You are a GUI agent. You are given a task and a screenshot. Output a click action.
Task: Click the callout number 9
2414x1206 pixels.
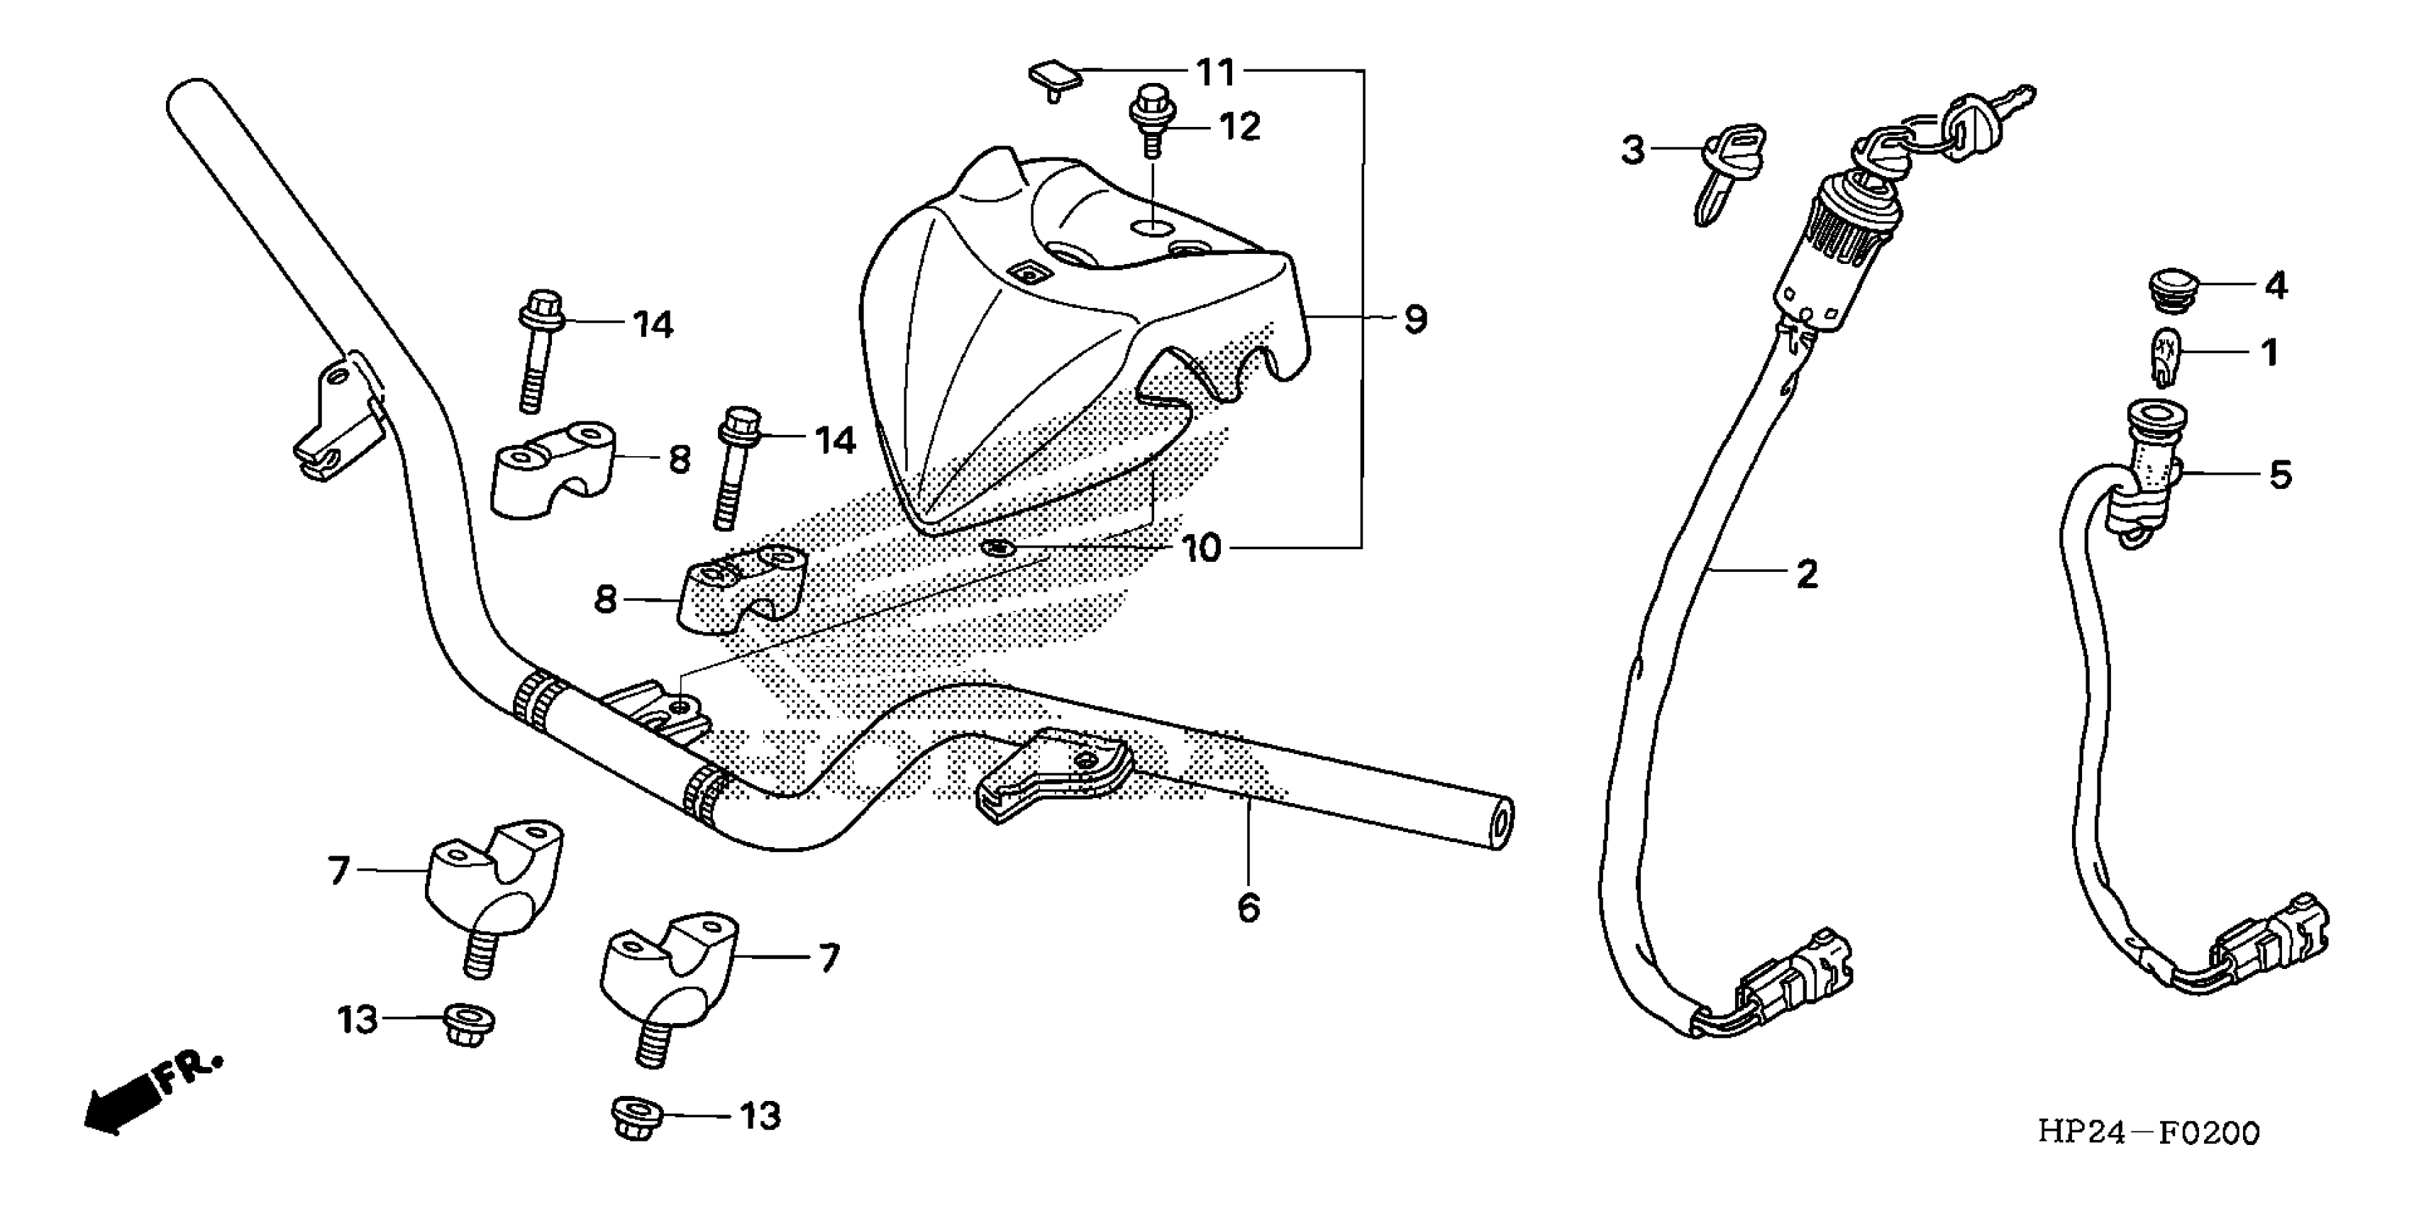(1415, 321)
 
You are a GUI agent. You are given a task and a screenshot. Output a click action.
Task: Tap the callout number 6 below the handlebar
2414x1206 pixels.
(1248, 907)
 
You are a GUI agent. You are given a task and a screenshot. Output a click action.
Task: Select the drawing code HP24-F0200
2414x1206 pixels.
(2148, 1132)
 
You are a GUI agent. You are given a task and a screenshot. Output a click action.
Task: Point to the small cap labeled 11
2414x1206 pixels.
(1055, 79)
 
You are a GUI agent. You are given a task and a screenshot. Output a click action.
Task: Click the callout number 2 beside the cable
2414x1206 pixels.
(1806, 573)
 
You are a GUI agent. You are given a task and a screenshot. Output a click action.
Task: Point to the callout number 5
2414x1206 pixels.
(2280, 475)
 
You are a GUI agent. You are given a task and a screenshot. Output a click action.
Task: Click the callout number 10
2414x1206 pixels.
(1200, 549)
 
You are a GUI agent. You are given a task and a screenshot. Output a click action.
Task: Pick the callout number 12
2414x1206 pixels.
(1239, 126)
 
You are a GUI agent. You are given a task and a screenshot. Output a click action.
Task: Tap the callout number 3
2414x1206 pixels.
(1632, 150)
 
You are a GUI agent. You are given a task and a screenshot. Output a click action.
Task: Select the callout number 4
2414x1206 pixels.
(2275, 285)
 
